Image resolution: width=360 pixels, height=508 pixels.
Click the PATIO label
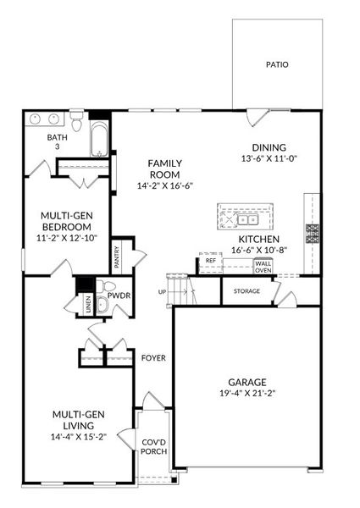(x=276, y=64)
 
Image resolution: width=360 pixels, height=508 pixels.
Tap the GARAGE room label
(x=246, y=382)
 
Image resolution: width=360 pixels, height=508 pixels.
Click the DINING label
(x=268, y=146)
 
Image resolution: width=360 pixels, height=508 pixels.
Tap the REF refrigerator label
(x=211, y=261)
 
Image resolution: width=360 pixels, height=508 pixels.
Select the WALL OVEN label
(x=263, y=266)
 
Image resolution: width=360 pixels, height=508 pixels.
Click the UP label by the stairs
(x=162, y=292)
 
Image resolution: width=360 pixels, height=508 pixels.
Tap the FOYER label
(x=153, y=357)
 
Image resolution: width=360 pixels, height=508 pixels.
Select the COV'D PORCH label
(x=153, y=445)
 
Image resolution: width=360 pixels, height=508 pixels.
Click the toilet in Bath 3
(x=77, y=125)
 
